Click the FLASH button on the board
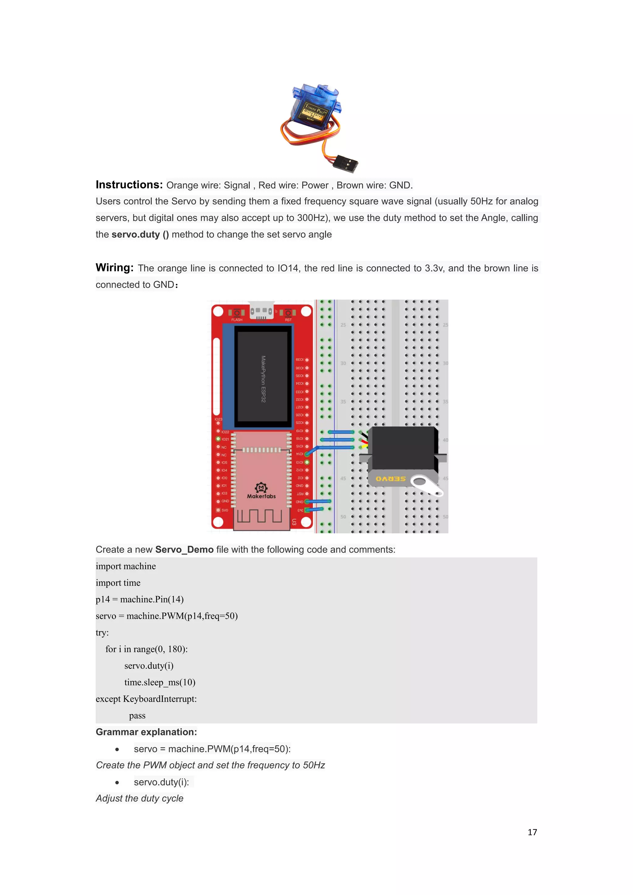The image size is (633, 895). click(x=236, y=313)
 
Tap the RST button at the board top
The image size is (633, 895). click(x=288, y=313)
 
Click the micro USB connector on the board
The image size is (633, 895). click(x=261, y=312)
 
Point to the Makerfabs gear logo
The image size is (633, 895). click(x=261, y=488)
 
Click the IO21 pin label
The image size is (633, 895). click(x=225, y=439)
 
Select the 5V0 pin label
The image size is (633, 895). click(x=225, y=510)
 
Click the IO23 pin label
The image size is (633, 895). click(x=218, y=419)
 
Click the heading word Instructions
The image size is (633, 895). click(x=129, y=185)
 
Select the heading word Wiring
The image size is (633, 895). click(x=115, y=268)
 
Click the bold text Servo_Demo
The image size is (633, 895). click(x=184, y=549)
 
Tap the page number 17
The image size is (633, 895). click(x=532, y=832)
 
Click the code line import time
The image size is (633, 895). click(x=118, y=583)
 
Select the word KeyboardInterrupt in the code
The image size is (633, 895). click(x=159, y=699)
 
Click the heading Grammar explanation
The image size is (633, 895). click(x=146, y=732)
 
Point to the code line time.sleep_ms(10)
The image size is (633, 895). click(x=160, y=682)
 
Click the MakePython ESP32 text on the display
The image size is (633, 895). click(x=263, y=379)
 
